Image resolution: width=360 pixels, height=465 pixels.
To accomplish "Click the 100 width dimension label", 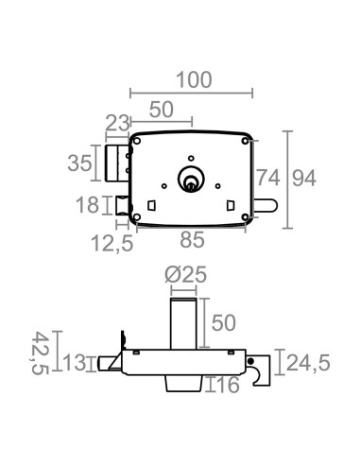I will (194, 80).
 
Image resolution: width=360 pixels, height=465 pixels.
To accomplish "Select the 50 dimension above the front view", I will (161, 110).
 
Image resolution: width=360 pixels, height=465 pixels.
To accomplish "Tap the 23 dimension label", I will (117, 122).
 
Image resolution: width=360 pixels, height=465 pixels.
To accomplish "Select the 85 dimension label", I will (193, 241).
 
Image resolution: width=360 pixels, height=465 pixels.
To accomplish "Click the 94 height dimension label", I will (304, 176).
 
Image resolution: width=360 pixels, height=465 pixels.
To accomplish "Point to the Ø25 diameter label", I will (185, 275).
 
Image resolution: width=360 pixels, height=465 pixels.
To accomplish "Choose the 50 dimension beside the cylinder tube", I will (223, 322).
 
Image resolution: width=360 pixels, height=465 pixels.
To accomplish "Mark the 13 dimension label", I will (76, 362).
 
